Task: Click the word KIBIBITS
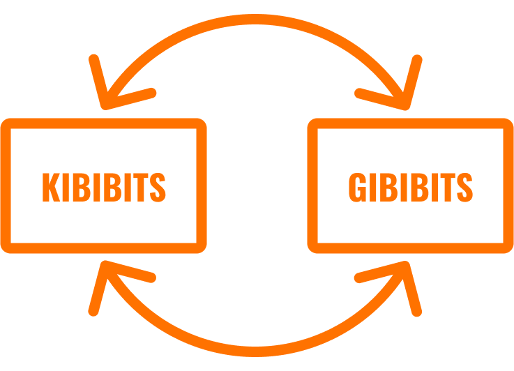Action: [x=104, y=186]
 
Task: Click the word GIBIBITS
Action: [x=410, y=186]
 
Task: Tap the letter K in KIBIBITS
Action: [x=51, y=186]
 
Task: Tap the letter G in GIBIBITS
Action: [x=357, y=186]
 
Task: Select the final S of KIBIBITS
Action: [x=158, y=186]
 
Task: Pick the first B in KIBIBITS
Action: [x=82, y=186]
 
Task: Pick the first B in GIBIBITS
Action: [x=388, y=186]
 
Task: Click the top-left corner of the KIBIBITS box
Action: [x=6, y=124]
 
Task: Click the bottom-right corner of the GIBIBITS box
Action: [x=508, y=247]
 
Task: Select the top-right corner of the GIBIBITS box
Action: [x=508, y=124]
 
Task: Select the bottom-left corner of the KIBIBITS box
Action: [x=6, y=247]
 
